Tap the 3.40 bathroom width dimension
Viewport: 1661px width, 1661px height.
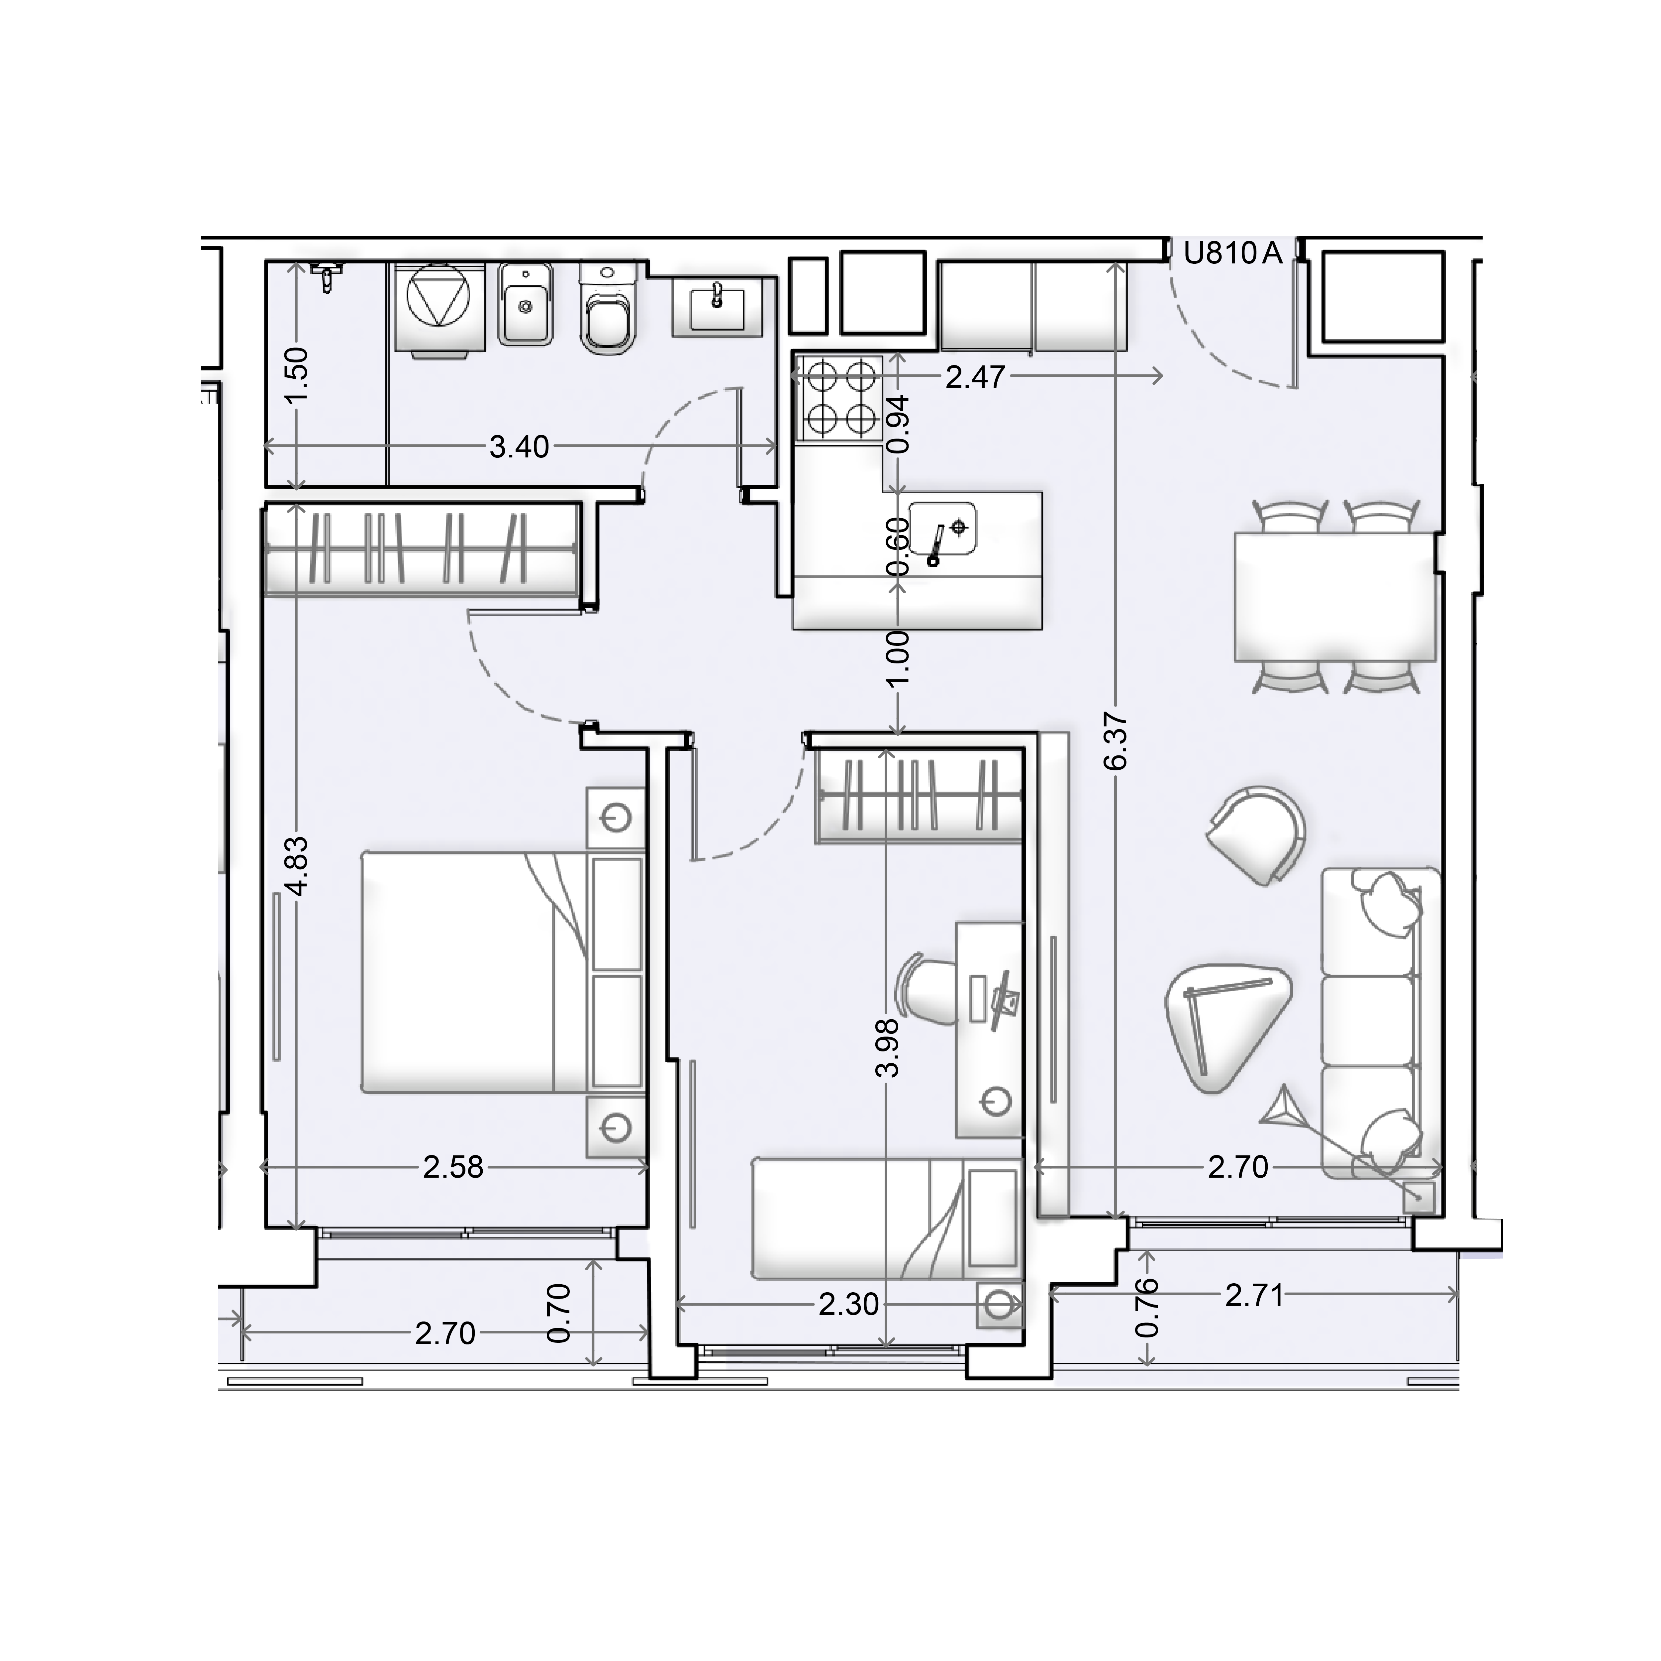point(519,447)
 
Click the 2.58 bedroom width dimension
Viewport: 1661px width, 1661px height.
point(453,1167)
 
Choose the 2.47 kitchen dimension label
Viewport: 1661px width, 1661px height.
point(976,377)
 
